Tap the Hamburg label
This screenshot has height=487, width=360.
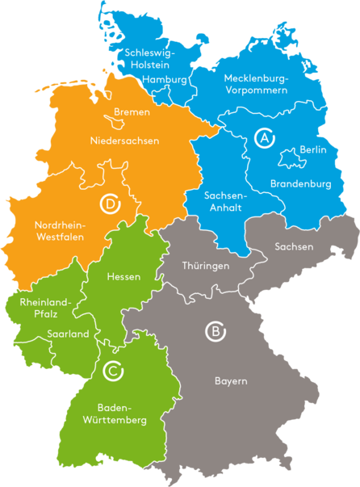click(165, 80)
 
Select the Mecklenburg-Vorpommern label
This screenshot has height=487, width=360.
click(256, 84)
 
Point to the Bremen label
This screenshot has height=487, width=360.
click(132, 111)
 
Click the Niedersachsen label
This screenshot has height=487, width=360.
click(124, 141)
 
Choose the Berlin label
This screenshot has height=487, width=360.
click(312, 149)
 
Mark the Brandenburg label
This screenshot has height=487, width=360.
click(300, 183)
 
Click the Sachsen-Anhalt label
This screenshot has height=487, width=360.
click(225, 201)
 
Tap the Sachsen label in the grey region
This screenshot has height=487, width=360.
click(294, 246)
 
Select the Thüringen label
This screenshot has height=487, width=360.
click(206, 265)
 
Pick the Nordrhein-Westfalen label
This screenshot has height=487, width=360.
click(60, 231)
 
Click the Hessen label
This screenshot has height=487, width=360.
click(123, 277)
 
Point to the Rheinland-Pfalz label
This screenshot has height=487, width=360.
click(45, 309)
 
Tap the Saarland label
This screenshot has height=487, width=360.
click(68, 334)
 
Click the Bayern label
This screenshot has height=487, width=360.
click(231, 380)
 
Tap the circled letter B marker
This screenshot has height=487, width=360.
click(215, 331)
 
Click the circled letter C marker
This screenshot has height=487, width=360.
click(114, 371)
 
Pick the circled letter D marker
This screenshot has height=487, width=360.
click(110, 203)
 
